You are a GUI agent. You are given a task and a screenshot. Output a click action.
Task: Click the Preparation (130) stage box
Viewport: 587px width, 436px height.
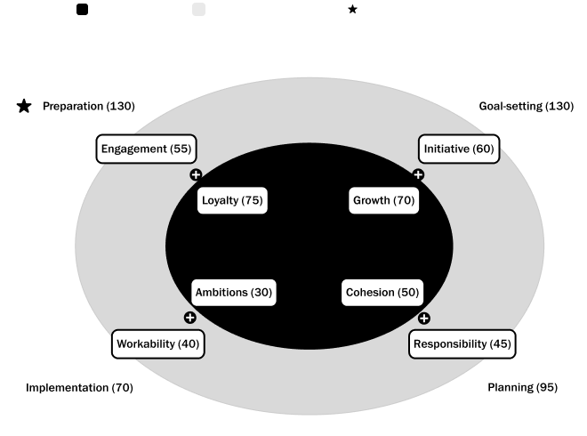(75, 107)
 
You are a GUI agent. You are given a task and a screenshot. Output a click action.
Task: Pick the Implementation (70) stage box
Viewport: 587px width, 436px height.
(79, 388)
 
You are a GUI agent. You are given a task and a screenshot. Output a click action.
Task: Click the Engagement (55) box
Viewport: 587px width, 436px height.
(146, 149)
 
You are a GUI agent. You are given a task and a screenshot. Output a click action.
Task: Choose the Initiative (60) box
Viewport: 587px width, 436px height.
(459, 149)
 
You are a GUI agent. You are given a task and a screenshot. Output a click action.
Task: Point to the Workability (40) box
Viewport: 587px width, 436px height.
(159, 344)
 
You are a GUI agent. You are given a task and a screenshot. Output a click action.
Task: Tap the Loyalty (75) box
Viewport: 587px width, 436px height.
(231, 200)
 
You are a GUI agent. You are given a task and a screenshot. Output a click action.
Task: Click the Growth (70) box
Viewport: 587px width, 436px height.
(384, 200)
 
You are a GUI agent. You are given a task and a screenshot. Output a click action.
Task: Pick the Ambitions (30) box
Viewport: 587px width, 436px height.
(234, 292)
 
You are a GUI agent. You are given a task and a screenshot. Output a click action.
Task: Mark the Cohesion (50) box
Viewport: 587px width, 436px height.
(382, 292)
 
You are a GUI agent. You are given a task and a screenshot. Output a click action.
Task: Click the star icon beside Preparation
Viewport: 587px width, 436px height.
(24, 107)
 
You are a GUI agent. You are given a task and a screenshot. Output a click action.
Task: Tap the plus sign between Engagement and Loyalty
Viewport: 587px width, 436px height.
(196, 174)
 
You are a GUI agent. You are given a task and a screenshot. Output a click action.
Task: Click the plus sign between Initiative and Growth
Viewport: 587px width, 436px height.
(418, 174)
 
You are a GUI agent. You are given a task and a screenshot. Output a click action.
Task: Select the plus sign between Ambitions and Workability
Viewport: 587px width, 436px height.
(189, 318)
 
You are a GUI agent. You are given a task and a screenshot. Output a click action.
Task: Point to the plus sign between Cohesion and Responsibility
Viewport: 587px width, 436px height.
(424, 318)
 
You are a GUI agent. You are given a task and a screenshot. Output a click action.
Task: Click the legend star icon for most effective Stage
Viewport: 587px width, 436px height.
(352, 9)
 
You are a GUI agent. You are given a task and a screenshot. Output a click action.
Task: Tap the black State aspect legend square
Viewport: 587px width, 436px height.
(82, 9)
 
